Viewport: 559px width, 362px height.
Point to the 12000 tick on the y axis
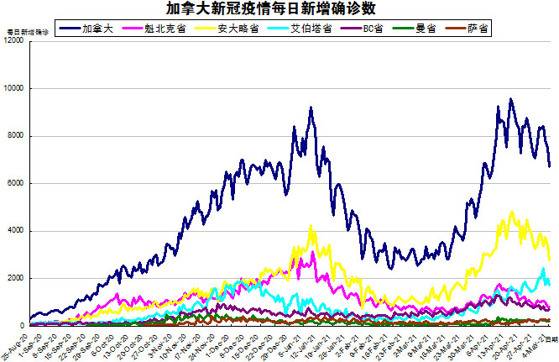click(14, 41)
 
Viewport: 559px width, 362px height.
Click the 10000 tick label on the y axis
click(14, 88)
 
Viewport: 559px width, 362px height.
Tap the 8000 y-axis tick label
click(16, 136)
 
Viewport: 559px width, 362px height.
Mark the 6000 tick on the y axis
click(16, 183)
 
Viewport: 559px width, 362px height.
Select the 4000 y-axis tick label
click(16, 231)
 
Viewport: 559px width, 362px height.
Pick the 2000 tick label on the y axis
click(16, 278)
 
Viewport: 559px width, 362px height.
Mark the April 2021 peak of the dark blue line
click(511, 99)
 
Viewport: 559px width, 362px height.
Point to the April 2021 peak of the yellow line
click(512, 212)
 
